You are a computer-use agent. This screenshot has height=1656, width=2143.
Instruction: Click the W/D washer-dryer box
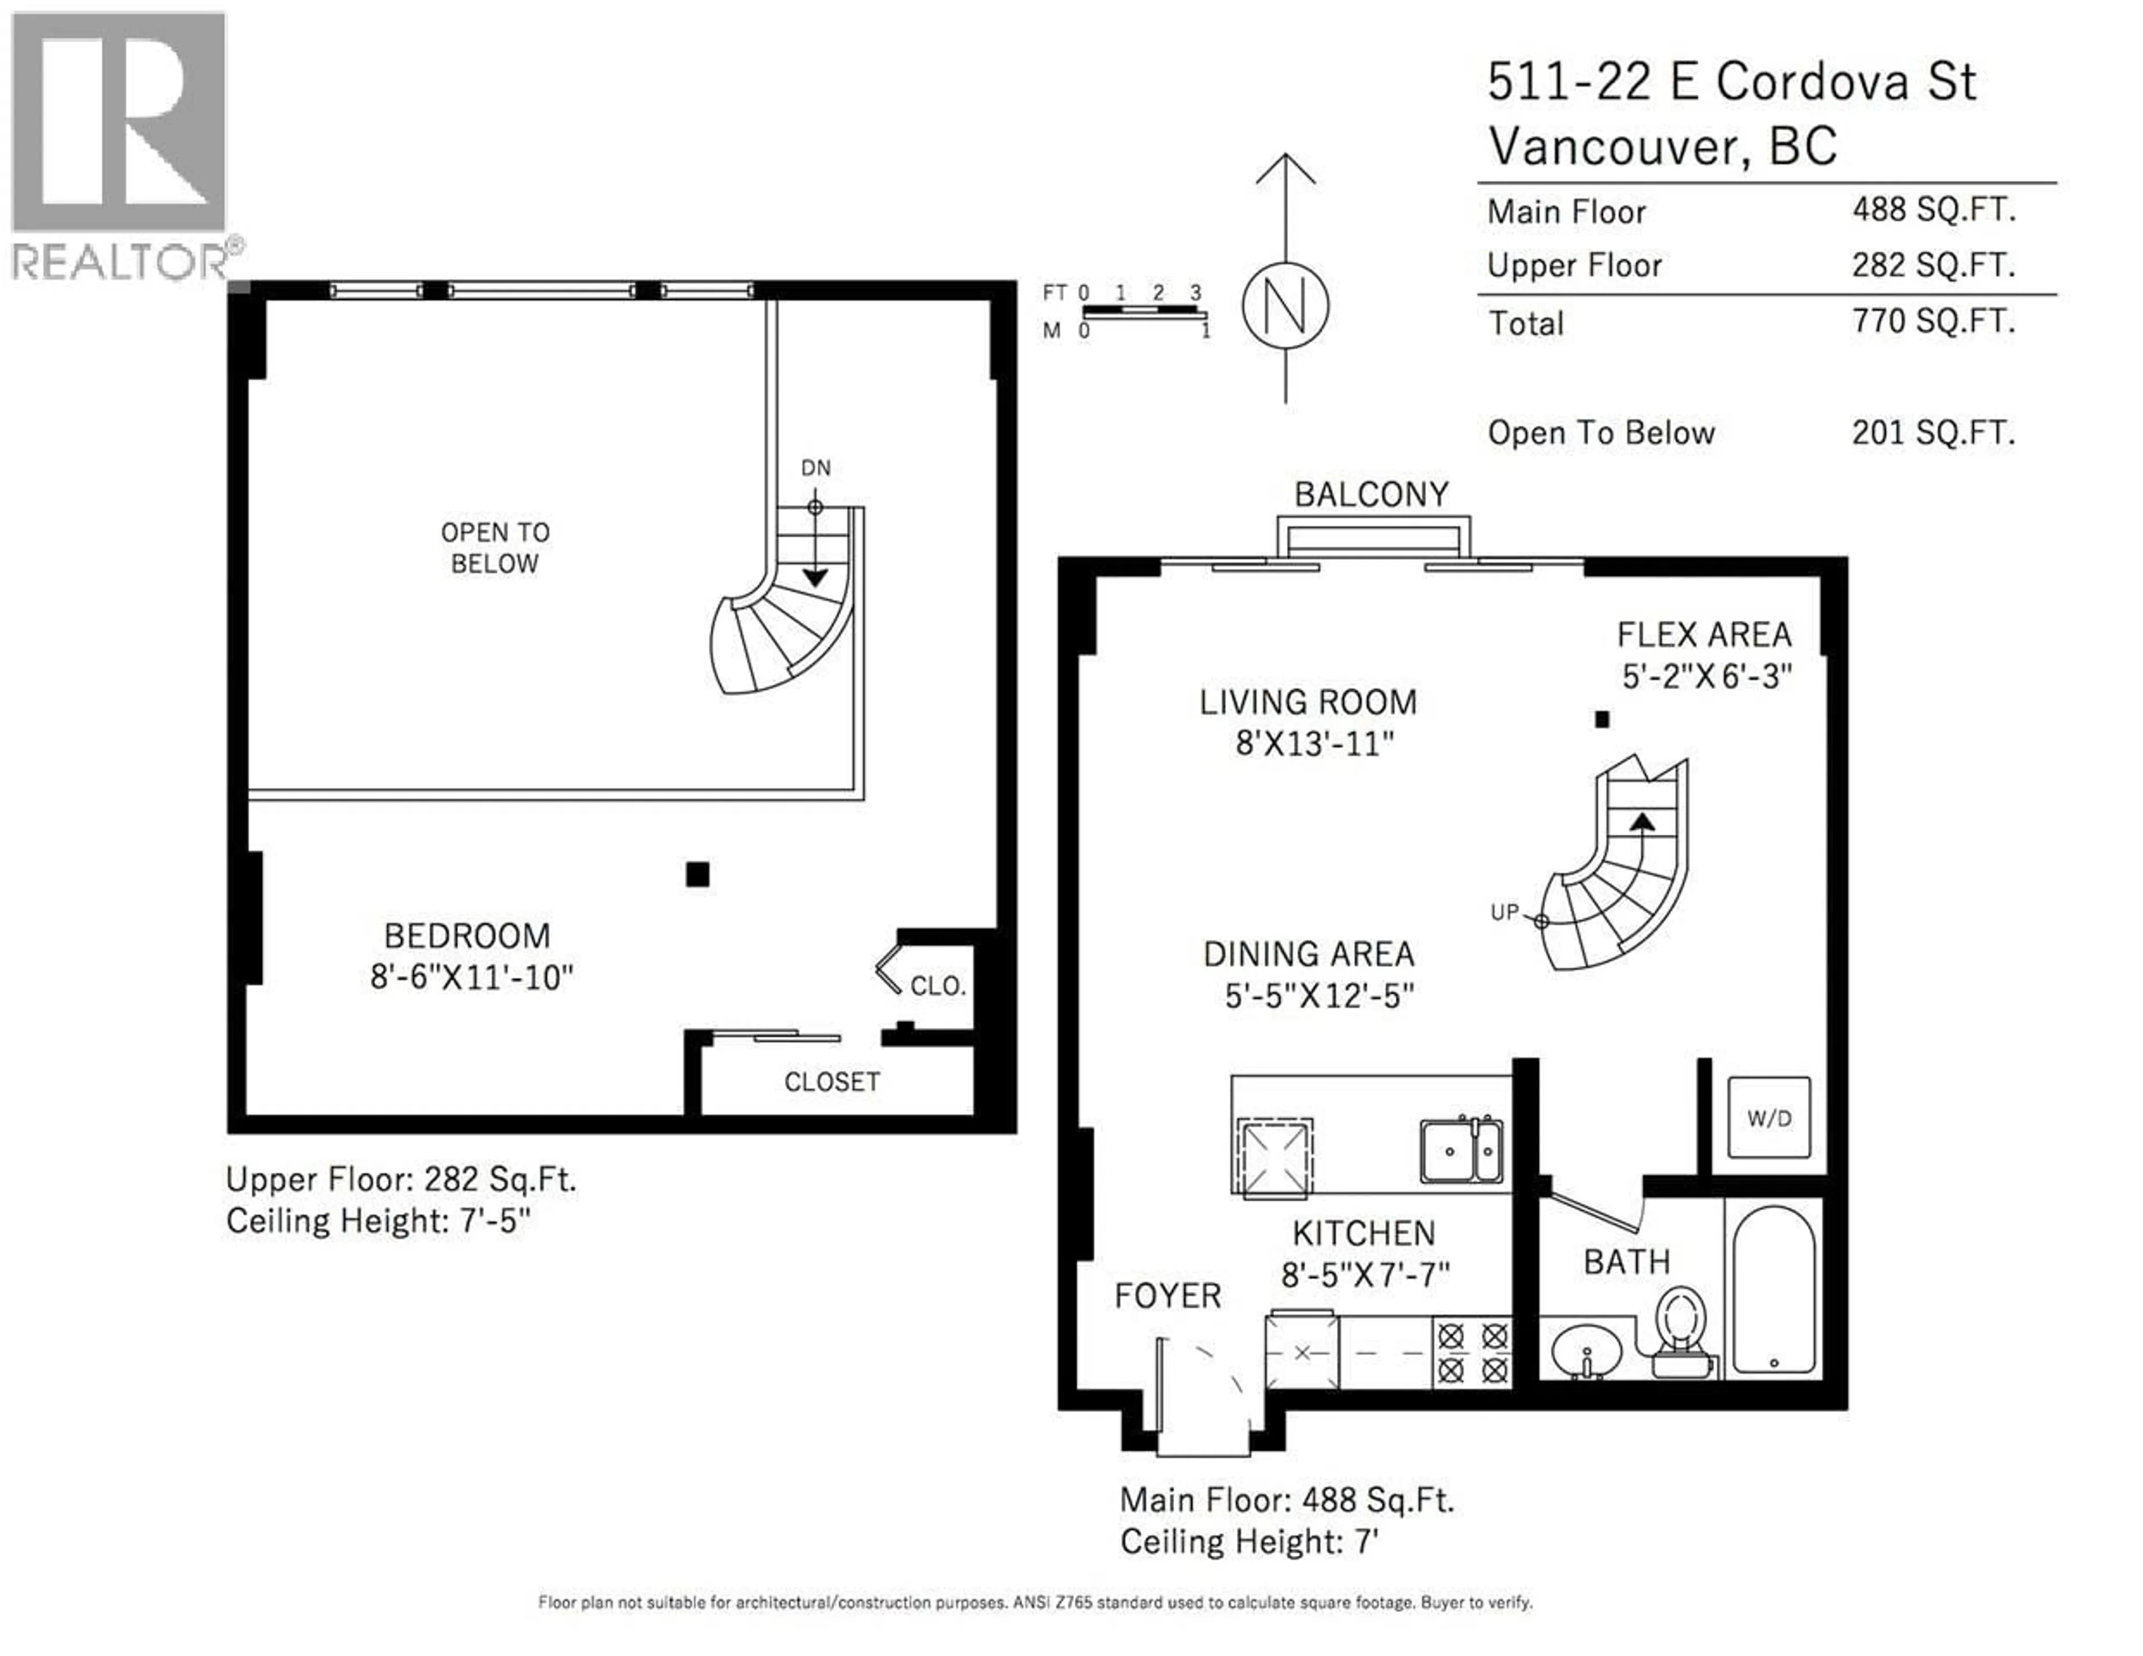click(x=1768, y=1118)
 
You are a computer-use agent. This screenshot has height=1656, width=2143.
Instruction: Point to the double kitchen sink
click(x=1461, y=1150)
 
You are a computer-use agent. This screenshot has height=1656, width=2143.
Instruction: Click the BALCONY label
click(x=1371, y=494)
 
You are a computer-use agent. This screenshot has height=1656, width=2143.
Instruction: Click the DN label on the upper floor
click(x=815, y=468)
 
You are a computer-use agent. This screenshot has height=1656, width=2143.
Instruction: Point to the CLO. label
click(x=937, y=986)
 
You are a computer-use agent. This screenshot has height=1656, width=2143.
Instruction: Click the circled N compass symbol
click(x=1285, y=305)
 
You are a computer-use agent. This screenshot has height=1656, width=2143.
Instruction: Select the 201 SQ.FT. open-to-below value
click(x=1933, y=432)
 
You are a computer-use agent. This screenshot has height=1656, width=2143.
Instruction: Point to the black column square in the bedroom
click(x=698, y=874)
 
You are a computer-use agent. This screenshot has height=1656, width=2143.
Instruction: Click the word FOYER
click(x=1167, y=1296)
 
